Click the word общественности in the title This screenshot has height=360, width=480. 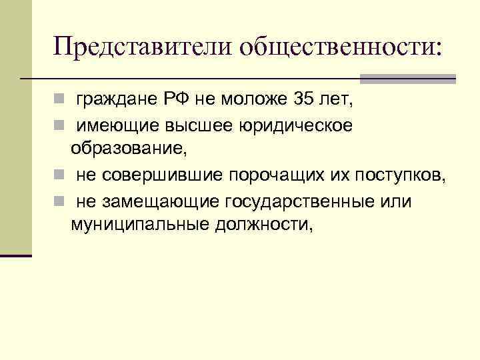tap(339, 47)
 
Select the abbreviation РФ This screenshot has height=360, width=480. tap(172, 100)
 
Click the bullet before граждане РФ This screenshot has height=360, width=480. tap(59, 101)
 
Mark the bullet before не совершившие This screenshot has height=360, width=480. tap(59, 176)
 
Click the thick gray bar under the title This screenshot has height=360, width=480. tap(407, 79)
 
